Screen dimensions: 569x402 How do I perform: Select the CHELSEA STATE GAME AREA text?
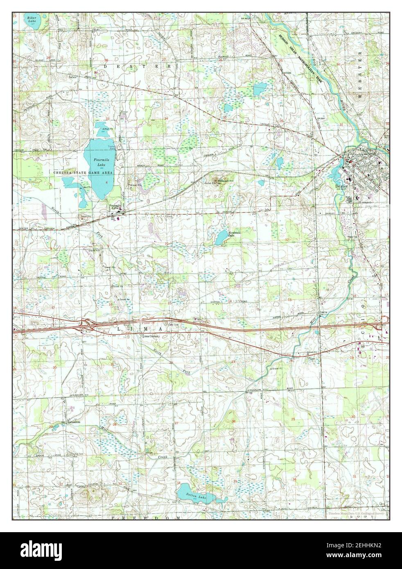(x=83, y=173)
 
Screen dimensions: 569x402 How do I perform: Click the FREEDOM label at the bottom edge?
(x=156, y=518)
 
